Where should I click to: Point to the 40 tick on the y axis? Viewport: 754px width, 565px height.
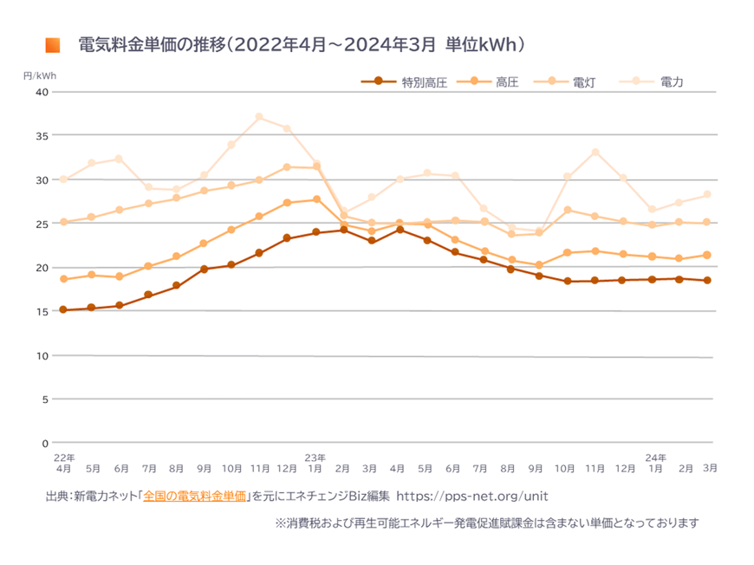(x=42, y=92)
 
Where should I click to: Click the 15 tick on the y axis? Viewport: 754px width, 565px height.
(x=42, y=311)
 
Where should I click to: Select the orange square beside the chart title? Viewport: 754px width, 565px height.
(x=53, y=45)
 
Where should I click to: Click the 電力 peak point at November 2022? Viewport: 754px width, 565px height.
(x=259, y=117)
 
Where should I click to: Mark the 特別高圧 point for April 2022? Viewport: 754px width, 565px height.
(x=63, y=309)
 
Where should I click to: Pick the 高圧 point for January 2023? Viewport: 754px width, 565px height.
(x=315, y=199)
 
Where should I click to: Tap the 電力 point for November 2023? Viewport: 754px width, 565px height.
(x=595, y=153)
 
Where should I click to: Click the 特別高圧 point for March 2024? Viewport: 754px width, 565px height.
(x=707, y=280)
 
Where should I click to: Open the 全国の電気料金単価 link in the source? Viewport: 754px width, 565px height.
(x=194, y=497)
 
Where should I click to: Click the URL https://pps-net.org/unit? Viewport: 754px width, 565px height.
(x=471, y=497)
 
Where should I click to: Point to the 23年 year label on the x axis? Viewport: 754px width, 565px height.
(x=315, y=457)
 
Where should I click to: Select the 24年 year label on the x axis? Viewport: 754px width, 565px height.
(x=656, y=457)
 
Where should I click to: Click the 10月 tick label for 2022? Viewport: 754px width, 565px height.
(x=231, y=468)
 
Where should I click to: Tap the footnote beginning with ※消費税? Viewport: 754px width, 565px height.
(x=486, y=523)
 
